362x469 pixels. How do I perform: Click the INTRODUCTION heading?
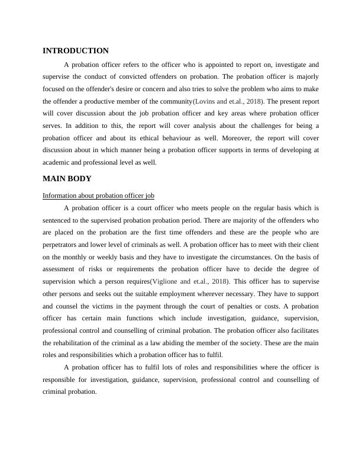pos(76,51)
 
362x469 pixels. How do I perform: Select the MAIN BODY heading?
pos(67,178)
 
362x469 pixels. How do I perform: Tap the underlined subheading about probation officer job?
pos(98,195)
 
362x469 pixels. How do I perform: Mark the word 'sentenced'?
pos(59,220)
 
